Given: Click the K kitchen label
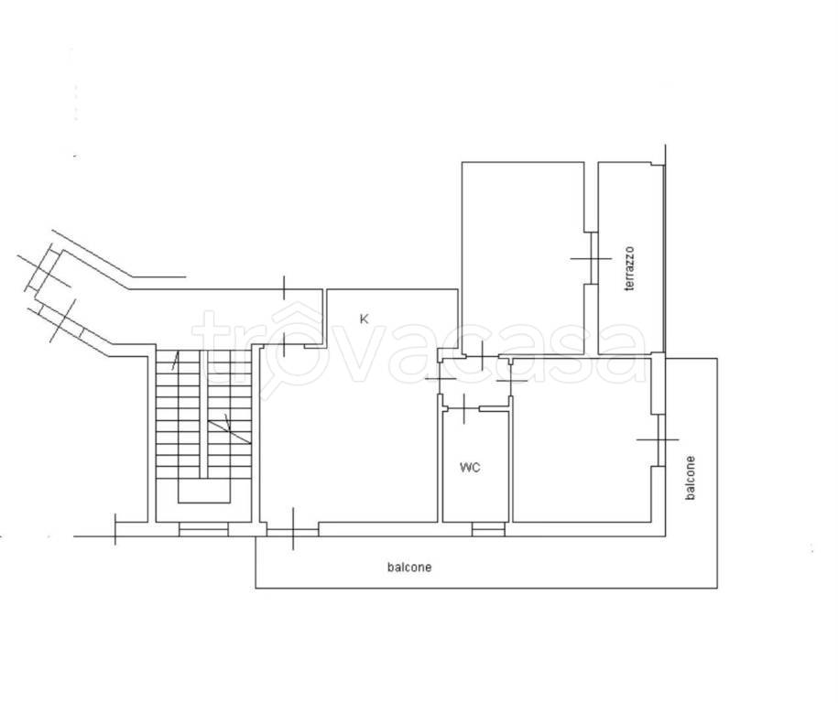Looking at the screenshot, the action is coord(364,319).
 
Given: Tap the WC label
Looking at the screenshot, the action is coord(470,468).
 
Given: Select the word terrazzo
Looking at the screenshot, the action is coord(630,268).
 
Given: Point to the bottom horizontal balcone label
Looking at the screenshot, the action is coord(409,567).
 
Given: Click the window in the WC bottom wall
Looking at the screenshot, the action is coord(488,529).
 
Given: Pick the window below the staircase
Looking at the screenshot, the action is coord(203,529).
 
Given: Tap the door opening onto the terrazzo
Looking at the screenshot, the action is coord(591,258).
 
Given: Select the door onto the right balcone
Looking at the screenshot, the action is coord(658,439).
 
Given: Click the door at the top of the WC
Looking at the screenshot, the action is coord(463,408).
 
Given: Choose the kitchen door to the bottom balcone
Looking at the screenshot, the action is coord(293,529).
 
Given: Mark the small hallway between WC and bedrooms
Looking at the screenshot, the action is coord(475,381).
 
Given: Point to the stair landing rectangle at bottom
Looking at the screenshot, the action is coord(203,491).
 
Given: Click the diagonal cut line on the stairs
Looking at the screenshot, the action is coord(229,432).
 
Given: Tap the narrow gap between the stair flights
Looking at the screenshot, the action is coord(203,414).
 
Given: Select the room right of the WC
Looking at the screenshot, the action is coord(582,439).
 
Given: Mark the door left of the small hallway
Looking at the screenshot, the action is coord(441,379).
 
